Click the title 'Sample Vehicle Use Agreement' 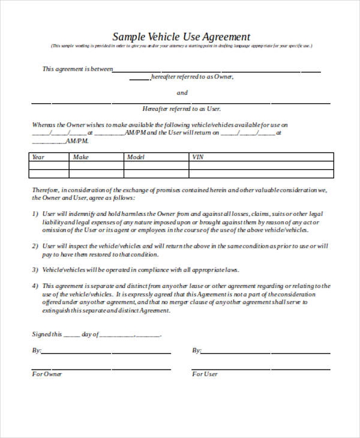pos(182,36)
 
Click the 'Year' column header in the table pos(38,157)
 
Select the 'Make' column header pos(80,157)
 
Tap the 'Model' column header pos(136,157)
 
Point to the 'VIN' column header pos(197,157)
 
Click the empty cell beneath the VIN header pos(261,173)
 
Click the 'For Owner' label pos(47,374)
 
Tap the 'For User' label pos(205,374)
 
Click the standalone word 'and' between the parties pos(182,93)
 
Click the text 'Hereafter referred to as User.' pos(182,109)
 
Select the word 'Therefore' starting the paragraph pos(46,190)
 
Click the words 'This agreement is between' pos(77,69)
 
